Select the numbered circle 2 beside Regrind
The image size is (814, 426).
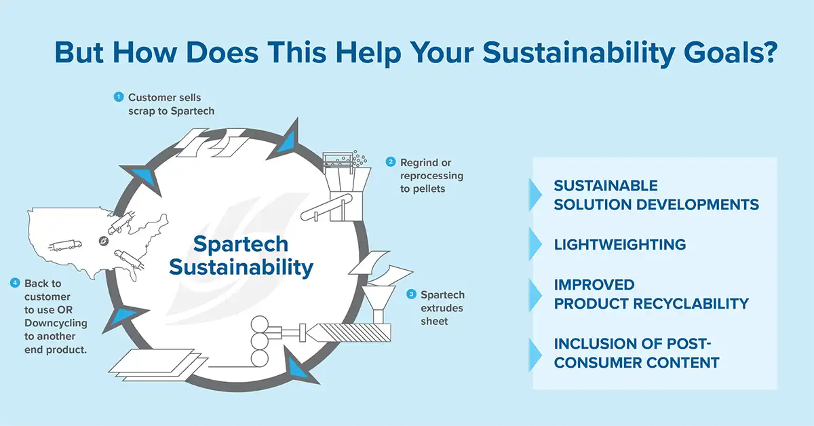coord(391,162)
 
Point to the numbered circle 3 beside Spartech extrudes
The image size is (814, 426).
coord(411,294)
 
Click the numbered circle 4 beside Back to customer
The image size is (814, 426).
coord(15,283)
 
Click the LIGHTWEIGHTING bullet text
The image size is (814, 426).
coord(619,244)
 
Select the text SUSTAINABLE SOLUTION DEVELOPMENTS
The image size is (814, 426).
coord(655,195)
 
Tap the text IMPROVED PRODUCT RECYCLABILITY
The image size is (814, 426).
coord(651,294)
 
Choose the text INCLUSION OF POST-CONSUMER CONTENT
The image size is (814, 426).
coord(636,353)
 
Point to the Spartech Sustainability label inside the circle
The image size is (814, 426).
coord(241,256)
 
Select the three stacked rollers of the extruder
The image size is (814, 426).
coord(259,339)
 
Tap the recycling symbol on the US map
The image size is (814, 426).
coord(103,240)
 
